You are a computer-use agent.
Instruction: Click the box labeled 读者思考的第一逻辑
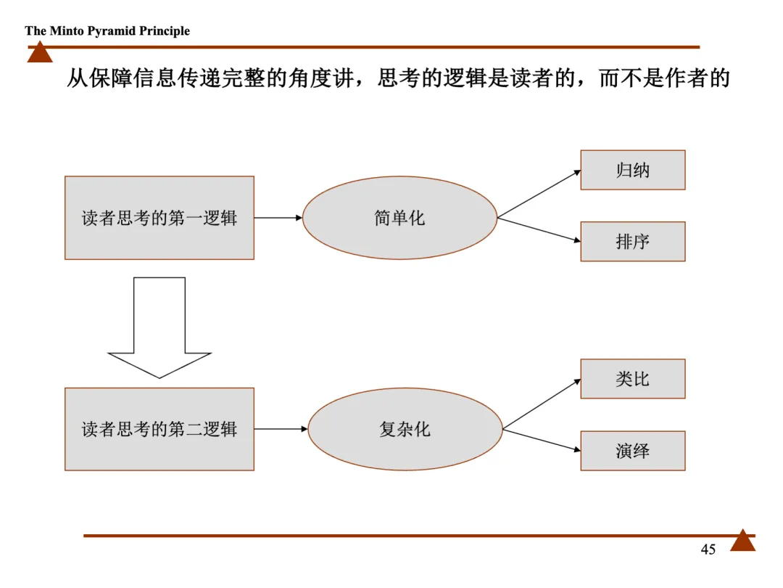[159, 218]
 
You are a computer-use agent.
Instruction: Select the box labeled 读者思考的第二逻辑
[159, 429]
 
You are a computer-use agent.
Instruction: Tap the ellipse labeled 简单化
[399, 218]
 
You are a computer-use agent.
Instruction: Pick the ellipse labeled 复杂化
[405, 429]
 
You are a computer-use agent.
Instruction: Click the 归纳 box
[632, 170]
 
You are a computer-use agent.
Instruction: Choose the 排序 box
[632, 242]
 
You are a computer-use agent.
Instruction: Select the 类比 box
[632, 379]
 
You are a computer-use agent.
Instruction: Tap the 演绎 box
[632, 451]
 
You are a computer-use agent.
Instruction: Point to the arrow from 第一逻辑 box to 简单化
[278, 217]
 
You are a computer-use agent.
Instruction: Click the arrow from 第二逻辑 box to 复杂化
[281, 429]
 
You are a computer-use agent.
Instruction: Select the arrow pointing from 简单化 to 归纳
[539, 194]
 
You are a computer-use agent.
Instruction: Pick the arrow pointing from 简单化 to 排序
[539, 229]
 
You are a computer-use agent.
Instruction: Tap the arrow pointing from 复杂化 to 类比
[542, 404]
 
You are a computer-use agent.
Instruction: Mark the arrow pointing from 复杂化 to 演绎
[542, 440]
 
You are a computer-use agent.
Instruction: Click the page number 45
[708, 550]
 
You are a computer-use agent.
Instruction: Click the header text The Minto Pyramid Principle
[107, 30]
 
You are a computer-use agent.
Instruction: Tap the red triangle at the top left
[40, 53]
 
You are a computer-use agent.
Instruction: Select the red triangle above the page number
[742, 541]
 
